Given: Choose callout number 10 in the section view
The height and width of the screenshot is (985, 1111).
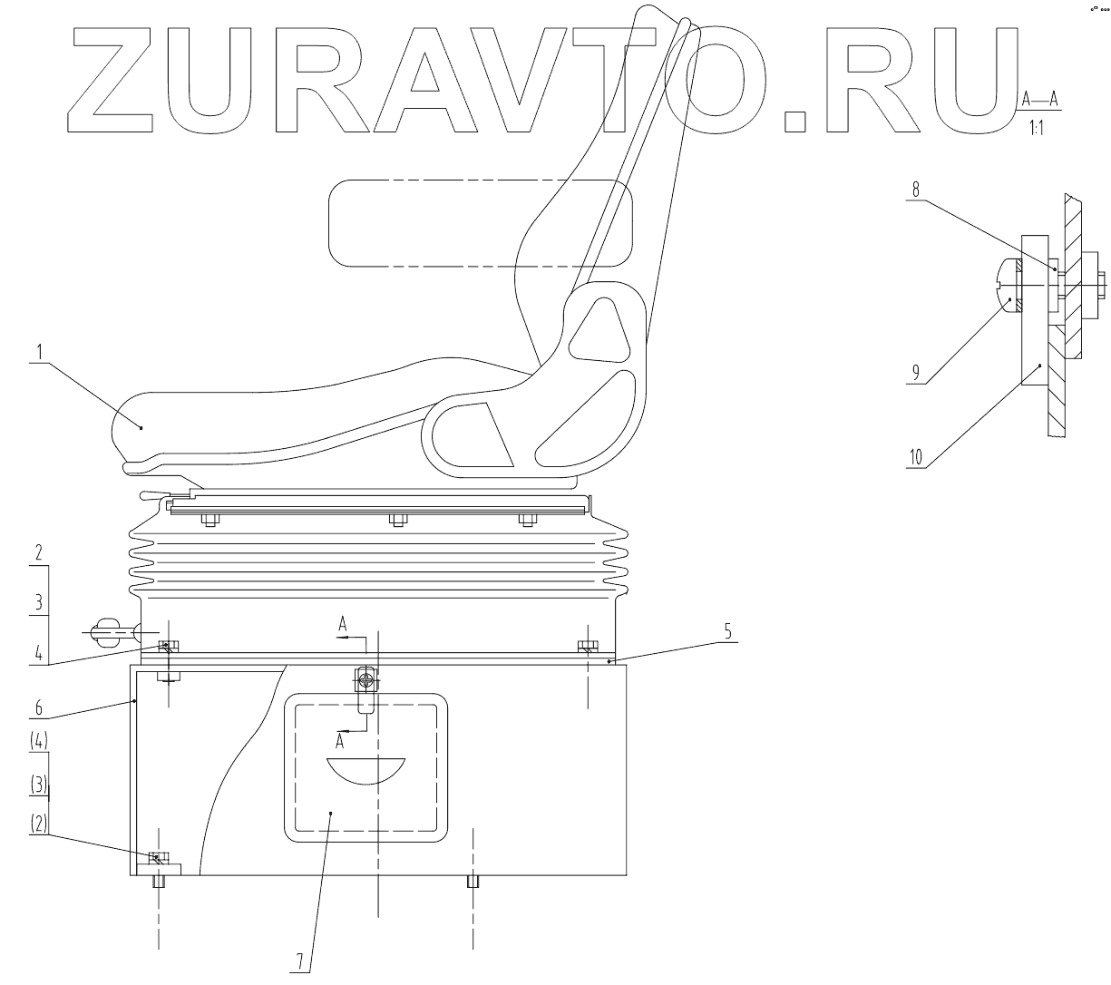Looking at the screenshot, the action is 916,457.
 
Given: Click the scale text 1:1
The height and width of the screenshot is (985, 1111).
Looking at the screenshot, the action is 1037,128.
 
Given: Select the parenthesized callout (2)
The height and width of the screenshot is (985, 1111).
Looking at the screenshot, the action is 39,824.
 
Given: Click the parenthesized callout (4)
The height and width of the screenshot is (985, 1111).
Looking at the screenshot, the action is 39,740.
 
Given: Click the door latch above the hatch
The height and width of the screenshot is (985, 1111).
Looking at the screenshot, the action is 366,680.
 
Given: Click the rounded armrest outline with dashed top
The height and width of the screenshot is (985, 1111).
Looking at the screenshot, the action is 481,222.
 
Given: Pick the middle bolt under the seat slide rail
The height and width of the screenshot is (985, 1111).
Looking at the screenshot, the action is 396,520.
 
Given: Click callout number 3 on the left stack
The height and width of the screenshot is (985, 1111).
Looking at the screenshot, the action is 39,600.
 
